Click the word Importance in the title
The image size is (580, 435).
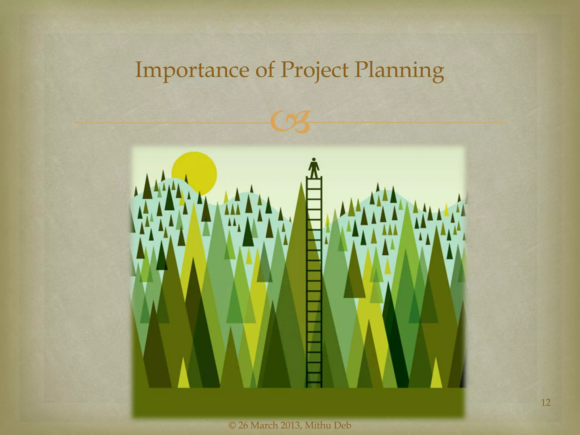(192, 71)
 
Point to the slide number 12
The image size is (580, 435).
(546, 402)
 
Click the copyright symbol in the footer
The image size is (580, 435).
(232, 425)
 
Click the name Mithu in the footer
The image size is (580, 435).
(318, 425)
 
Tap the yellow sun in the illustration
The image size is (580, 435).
(194, 172)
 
